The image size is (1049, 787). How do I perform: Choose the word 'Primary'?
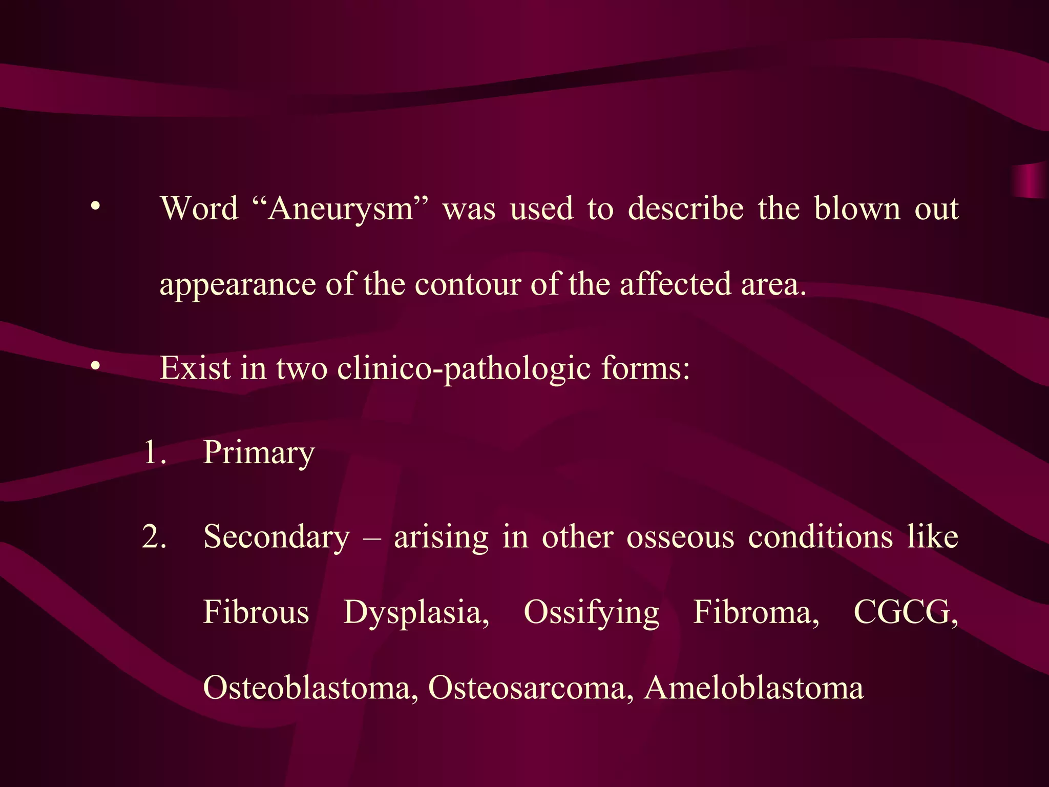coord(259,453)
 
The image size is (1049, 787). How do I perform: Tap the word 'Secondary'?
coord(277,537)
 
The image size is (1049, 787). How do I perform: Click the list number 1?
coord(154,453)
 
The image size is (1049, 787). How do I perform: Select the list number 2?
coord(154,537)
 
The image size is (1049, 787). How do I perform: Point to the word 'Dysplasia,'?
coord(416,613)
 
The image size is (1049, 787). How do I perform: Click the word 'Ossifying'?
coord(592,613)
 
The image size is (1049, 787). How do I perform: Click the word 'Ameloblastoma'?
coord(754,688)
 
